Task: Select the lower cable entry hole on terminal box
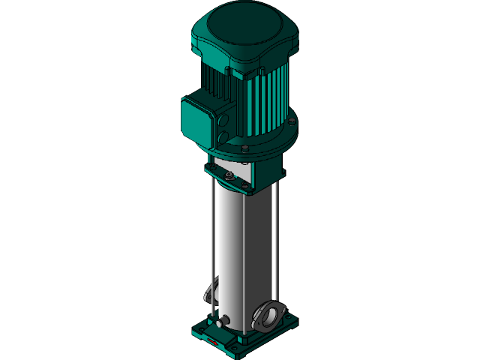point(223,137)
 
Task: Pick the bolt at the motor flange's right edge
point(292,121)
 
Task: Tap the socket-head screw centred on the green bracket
point(229,177)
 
